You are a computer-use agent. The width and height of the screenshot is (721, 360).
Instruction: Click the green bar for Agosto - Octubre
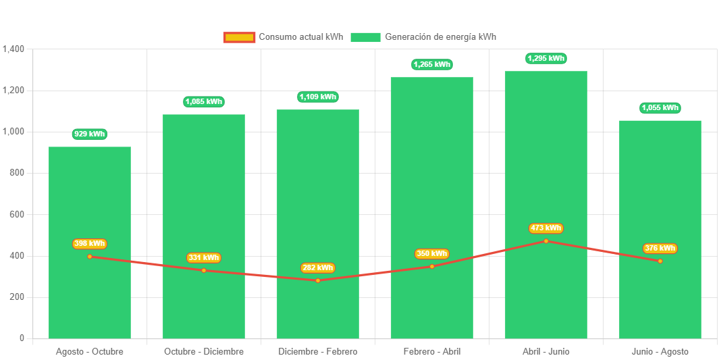pos(90,203)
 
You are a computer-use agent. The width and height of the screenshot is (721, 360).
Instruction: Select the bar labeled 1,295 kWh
pos(546,169)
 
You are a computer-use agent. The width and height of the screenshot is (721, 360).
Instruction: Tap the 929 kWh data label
pos(90,134)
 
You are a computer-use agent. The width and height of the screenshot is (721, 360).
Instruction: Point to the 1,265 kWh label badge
pos(432,64)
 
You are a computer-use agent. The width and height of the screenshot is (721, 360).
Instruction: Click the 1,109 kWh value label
pos(318,97)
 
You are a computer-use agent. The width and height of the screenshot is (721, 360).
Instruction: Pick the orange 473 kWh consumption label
pos(546,228)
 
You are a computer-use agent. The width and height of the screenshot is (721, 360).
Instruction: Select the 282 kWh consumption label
pos(317,267)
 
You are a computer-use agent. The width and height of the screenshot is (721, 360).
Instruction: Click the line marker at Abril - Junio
pos(546,240)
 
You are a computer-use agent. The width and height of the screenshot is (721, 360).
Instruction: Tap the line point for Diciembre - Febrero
pos(318,280)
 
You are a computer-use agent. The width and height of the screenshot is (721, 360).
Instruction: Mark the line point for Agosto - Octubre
pos(90,256)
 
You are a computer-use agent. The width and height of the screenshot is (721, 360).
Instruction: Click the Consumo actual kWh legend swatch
pos(239,37)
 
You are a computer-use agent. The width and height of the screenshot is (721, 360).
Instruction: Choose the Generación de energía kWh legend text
pos(440,37)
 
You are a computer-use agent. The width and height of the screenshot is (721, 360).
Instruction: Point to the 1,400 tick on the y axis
pos(14,49)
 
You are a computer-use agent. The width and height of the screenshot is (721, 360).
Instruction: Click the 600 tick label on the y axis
pos(16,214)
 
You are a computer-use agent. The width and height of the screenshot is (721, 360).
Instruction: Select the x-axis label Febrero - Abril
pos(432,351)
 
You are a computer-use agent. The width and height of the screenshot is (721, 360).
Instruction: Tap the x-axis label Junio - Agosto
pos(660,351)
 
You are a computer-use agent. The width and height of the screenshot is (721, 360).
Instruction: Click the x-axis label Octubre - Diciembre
pos(204,351)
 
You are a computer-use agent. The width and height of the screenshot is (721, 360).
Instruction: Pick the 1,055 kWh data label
pos(660,107)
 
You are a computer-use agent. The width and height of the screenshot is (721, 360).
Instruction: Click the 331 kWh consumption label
pos(204,257)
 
